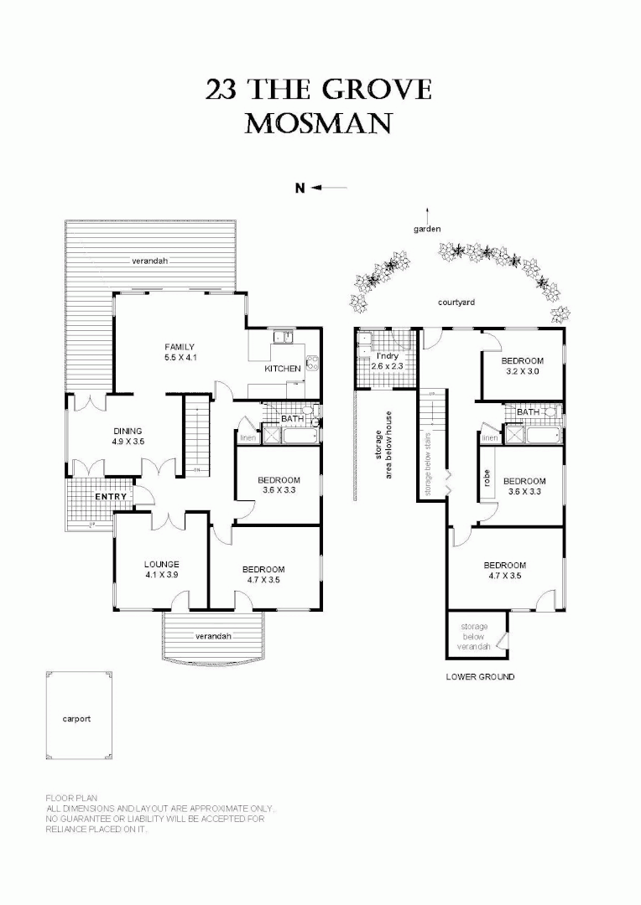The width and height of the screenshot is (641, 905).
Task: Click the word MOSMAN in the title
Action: [318, 124]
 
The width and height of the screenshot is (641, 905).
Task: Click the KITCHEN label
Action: [282, 369]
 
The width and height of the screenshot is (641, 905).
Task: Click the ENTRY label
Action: [111, 497]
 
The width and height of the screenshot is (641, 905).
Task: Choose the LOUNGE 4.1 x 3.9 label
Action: [161, 569]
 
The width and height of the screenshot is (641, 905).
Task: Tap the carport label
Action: [76, 719]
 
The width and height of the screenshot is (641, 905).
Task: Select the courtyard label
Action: [456, 302]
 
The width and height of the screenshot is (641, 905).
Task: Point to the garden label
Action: [427, 229]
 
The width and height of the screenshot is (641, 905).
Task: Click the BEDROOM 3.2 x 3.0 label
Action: [523, 367]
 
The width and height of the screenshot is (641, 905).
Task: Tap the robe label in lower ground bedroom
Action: [487, 478]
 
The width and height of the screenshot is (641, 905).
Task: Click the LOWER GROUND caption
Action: [480, 676]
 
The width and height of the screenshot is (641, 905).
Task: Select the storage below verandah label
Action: [473, 637]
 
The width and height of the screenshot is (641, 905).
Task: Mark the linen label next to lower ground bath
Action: [490, 437]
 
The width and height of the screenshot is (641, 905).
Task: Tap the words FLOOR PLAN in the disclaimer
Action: [72, 798]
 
